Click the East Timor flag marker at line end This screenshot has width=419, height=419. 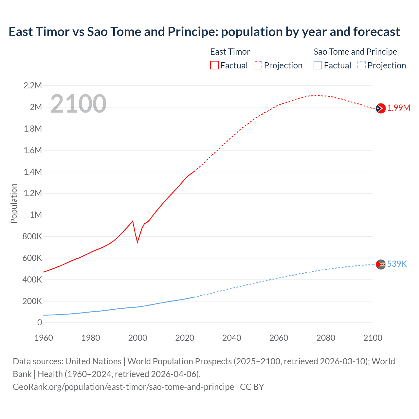380,108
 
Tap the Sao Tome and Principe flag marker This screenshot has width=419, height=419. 381,264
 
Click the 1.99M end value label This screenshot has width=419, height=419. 399,108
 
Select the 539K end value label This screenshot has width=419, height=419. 397,264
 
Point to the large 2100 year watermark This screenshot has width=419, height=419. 78,104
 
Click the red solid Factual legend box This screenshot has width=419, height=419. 214,65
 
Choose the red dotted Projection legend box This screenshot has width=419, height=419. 258,65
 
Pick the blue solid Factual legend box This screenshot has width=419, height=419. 318,65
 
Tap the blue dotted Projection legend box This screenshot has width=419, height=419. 362,65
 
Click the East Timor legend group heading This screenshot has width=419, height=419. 230,52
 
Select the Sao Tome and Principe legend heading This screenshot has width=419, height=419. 355,52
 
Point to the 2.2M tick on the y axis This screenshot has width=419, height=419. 33,86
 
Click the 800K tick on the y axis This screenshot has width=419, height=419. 32,236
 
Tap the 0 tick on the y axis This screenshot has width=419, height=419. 40,323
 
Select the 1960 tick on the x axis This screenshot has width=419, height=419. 44,338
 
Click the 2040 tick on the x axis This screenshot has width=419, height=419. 232,338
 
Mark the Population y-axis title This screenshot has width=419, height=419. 14,203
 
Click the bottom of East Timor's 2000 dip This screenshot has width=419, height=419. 137,242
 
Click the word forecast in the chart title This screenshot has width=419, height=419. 376,32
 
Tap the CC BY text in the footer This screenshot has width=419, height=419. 252,387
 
